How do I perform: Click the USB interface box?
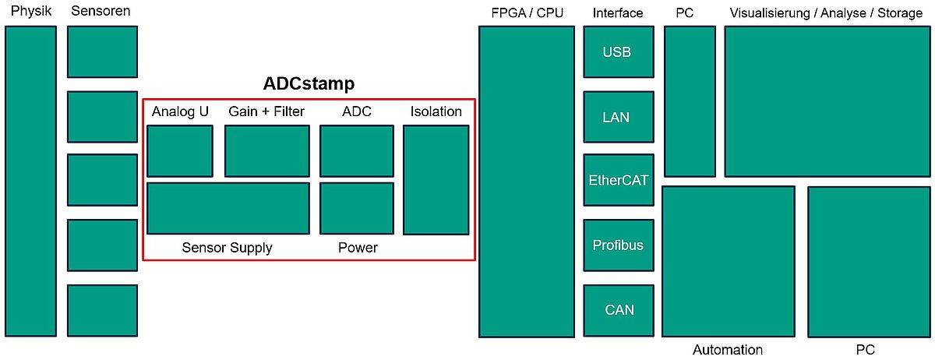[x=619, y=51]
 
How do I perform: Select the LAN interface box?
[x=619, y=117]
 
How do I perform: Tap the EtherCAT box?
[x=619, y=180]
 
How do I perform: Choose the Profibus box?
[x=619, y=245]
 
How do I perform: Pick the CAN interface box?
[x=619, y=310]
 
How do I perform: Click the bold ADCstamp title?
[x=309, y=83]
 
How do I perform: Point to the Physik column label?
[x=31, y=11]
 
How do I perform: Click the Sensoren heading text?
[x=101, y=11]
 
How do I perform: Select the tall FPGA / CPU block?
[x=527, y=182]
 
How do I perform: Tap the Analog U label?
[x=180, y=111]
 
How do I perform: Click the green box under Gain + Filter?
[x=267, y=151]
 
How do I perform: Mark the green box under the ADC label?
[x=357, y=151]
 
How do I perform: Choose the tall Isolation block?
[x=436, y=180]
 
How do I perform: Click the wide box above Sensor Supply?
[x=228, y=208]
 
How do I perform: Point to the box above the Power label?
[x=357, y=208]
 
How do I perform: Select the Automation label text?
[x=728, y=350]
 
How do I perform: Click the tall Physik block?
[x=31, y=182]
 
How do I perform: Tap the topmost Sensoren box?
[x=102, y=51]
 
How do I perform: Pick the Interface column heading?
[x=618, y=13]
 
